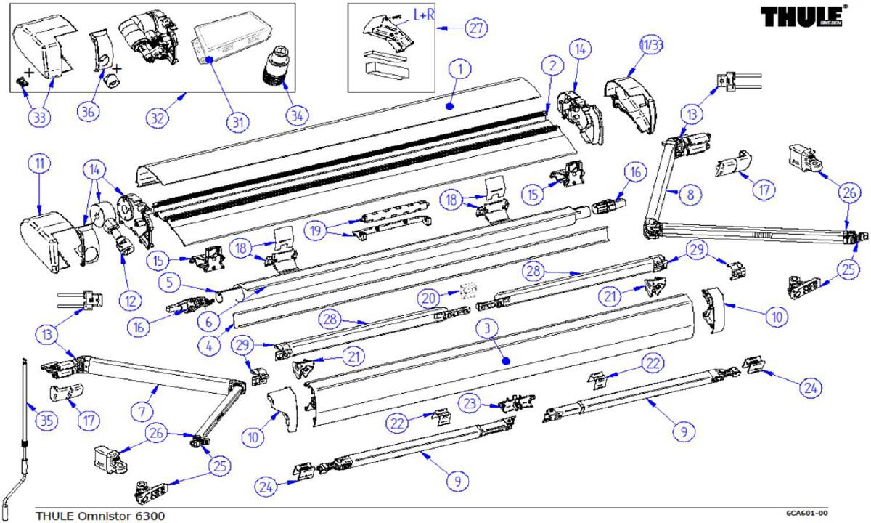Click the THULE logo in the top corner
(802, 16)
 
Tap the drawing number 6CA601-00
(806, 512)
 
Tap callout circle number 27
(475, 28)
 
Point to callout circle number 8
(690, 194)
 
